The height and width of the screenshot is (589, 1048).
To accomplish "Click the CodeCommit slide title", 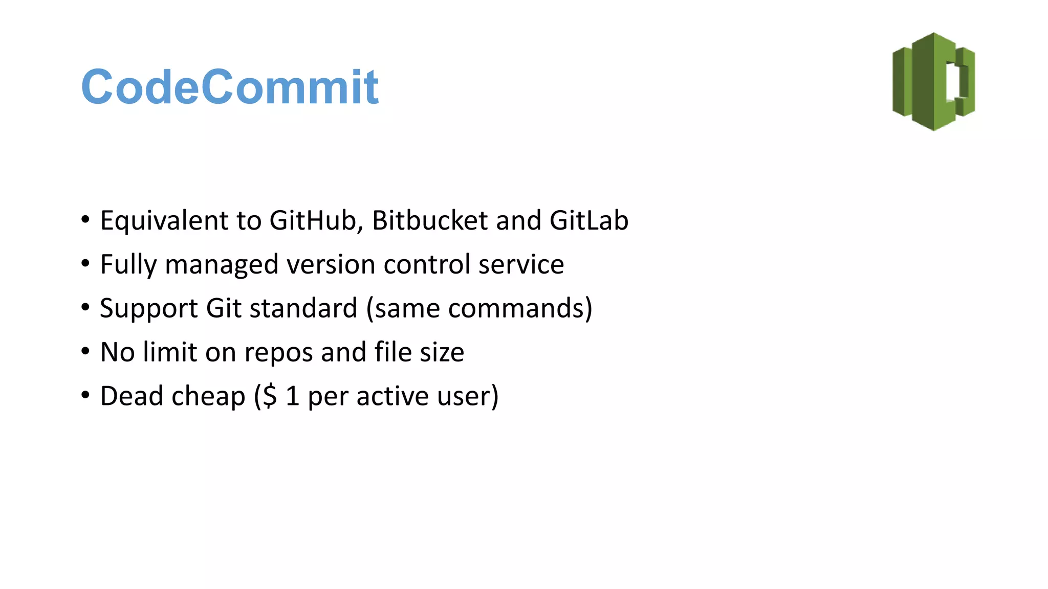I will click(x=230, y=87).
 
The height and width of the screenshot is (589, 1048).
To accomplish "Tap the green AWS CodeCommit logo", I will click(x=933, y=82).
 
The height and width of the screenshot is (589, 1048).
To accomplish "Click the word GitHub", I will click(x=316, y=220).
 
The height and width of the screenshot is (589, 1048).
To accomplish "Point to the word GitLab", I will click(x=589, y=220).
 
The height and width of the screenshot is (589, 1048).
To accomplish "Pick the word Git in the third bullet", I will click(x=223, y=308).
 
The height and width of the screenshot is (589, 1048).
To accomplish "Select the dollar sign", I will click(x=269, y=396).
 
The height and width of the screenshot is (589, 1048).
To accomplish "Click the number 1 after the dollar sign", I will click(x=292, y=396).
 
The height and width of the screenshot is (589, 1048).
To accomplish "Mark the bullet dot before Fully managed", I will click(x=85, y=264).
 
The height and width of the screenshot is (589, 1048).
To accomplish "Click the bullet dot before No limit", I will click(x=85, y=352).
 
